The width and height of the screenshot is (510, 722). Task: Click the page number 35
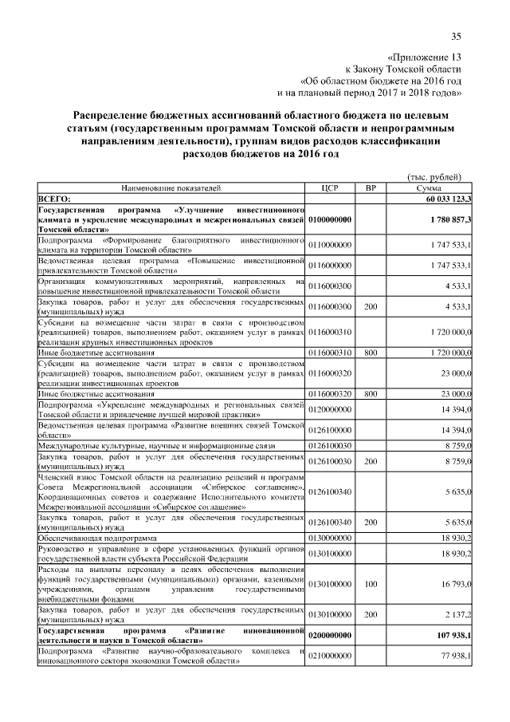[x=457, y=36]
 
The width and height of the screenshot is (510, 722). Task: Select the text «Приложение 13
[x=423, y=57]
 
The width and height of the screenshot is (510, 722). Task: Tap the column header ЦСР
[x=330, y=187]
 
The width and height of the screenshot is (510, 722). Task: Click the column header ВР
[x=369, y=187]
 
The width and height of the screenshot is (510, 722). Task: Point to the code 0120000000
[x=331, y=409]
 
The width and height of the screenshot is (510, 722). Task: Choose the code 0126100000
[x=331, y=430]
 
